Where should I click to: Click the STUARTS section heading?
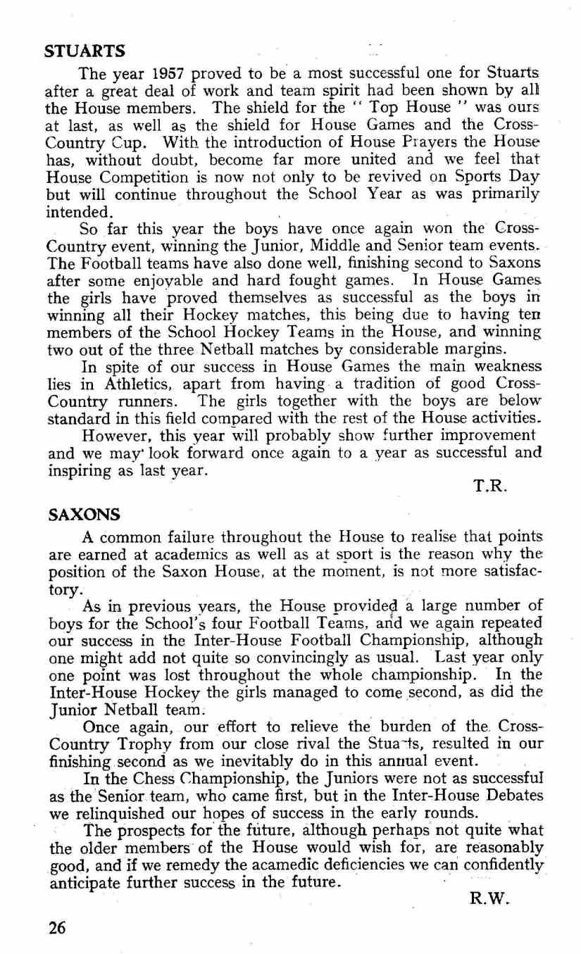click(85, 51)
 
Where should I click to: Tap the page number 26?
click(56, 927)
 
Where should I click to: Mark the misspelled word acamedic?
click(299, 860)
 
